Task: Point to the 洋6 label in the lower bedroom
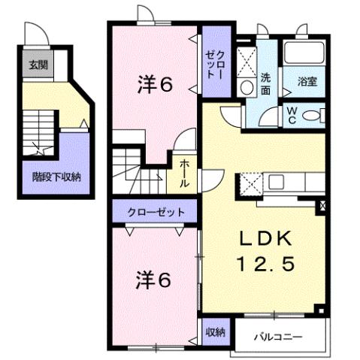point(154,280)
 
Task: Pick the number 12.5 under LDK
point(263,264)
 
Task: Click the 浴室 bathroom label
point(306,80)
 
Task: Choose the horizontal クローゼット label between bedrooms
point(156,212)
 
